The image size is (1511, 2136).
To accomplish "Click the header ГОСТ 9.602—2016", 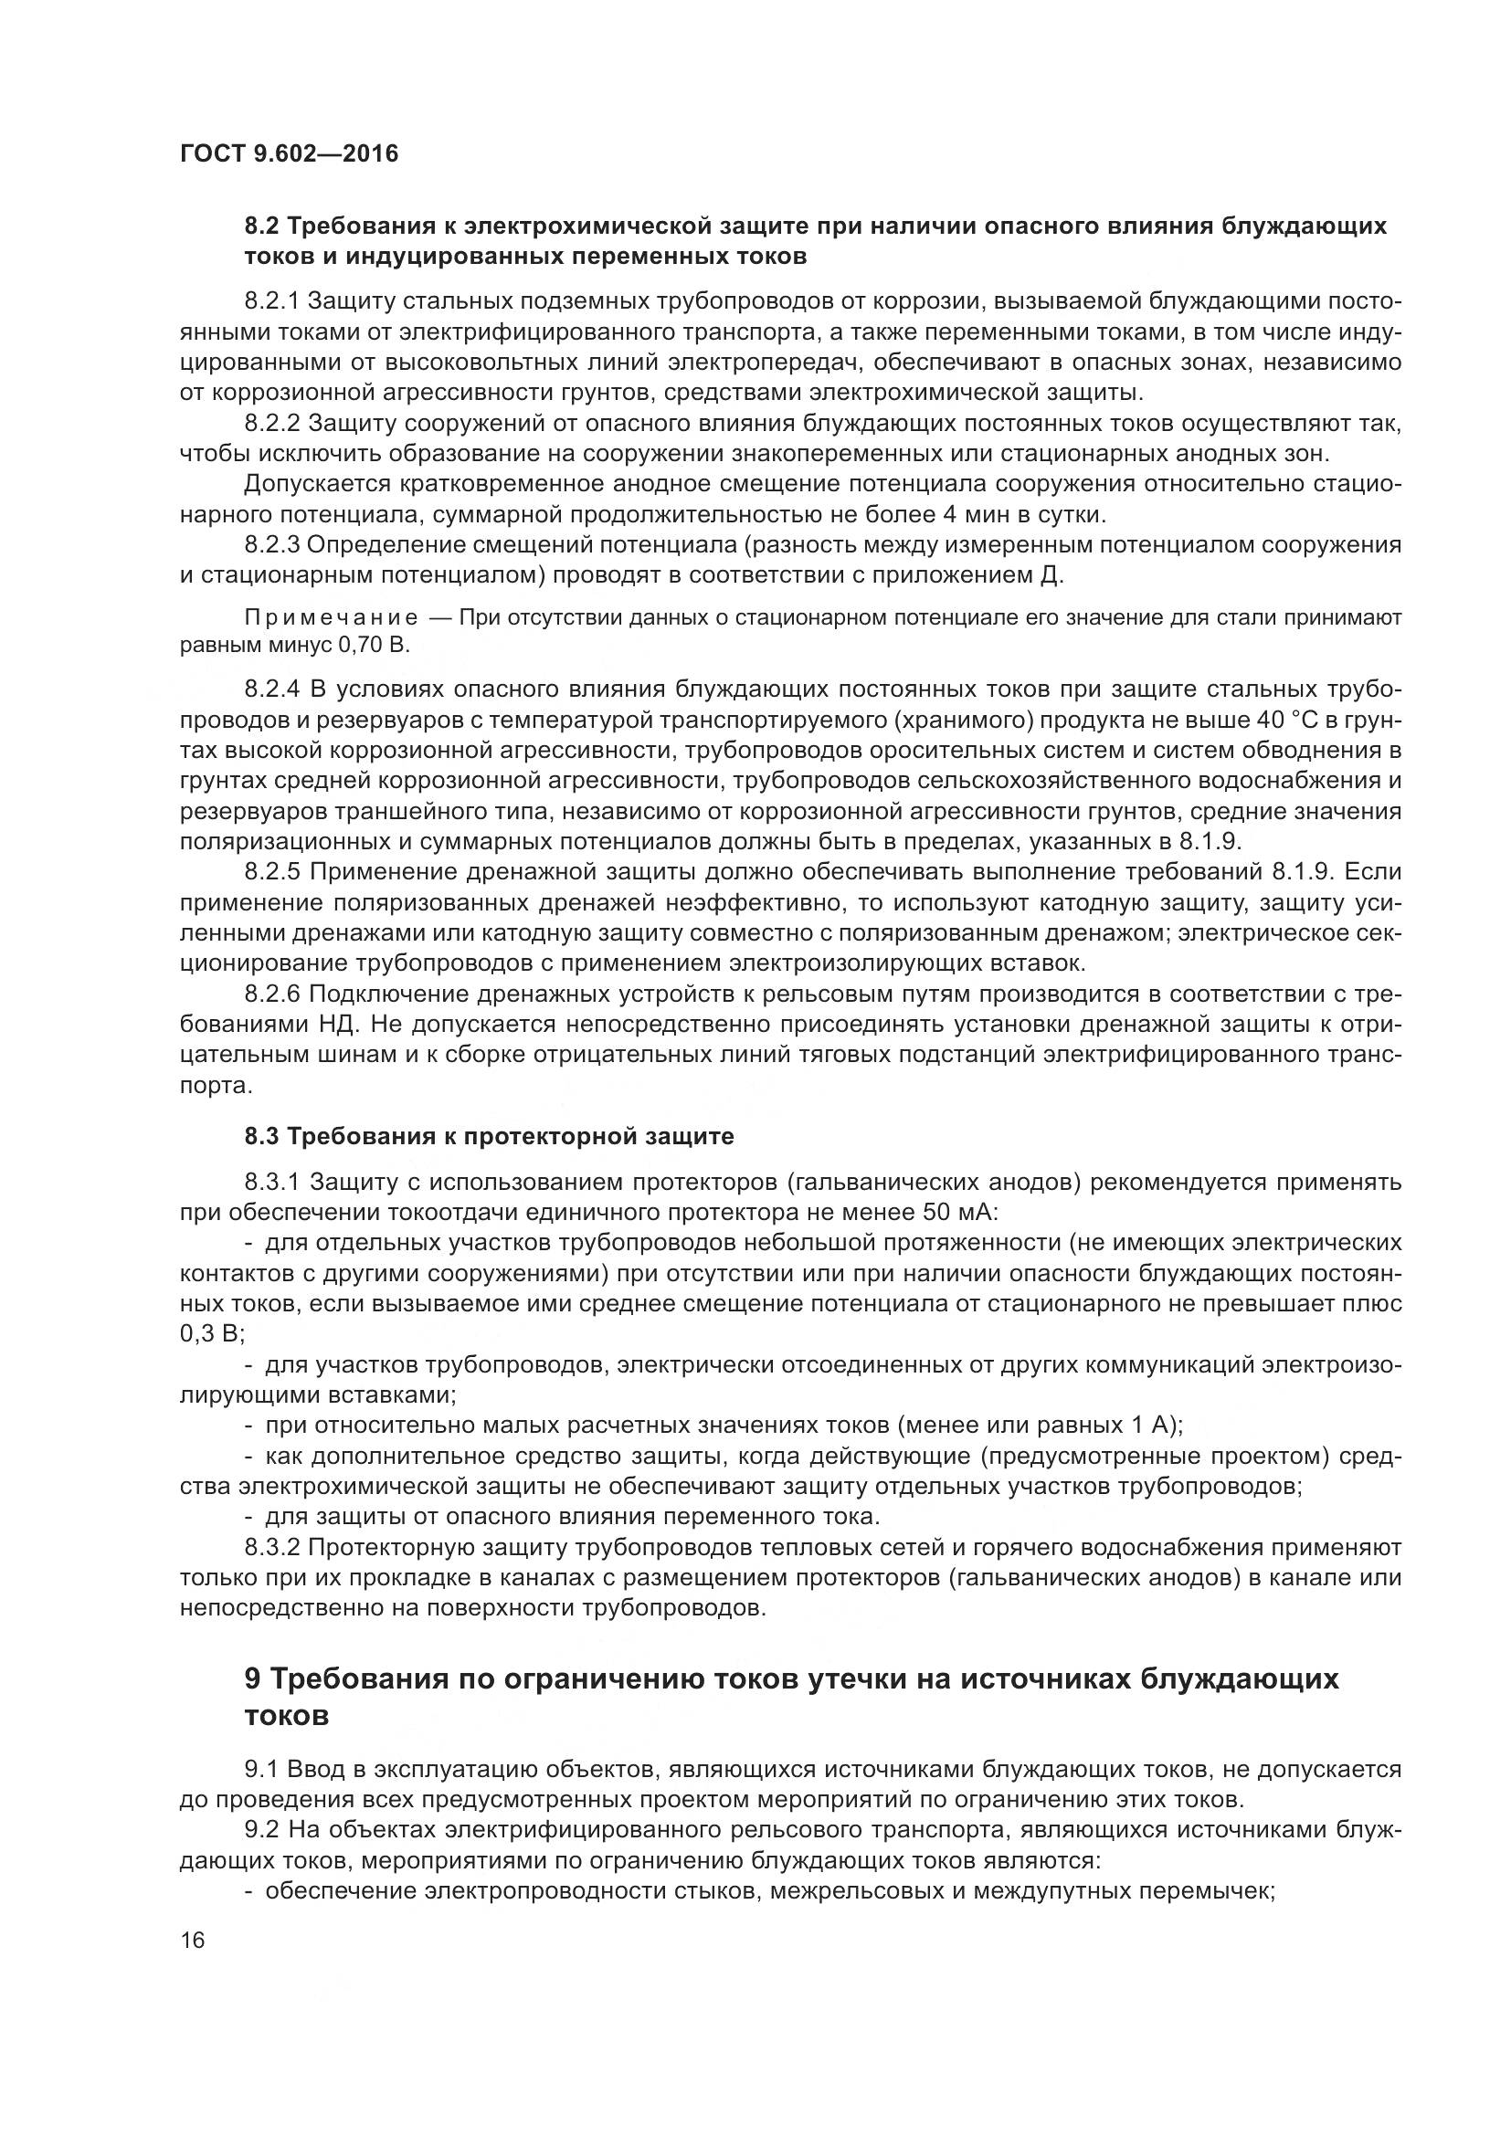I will pyautogui.click(x=289, y=153).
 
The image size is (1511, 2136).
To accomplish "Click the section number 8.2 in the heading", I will pyautogui.click(x=262, y=227).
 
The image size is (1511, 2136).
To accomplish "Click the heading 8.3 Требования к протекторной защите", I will pyautogui.click(x=489, y=1136).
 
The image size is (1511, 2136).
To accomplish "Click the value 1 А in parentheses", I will pyautogui.click(x=1149, y=1426).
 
